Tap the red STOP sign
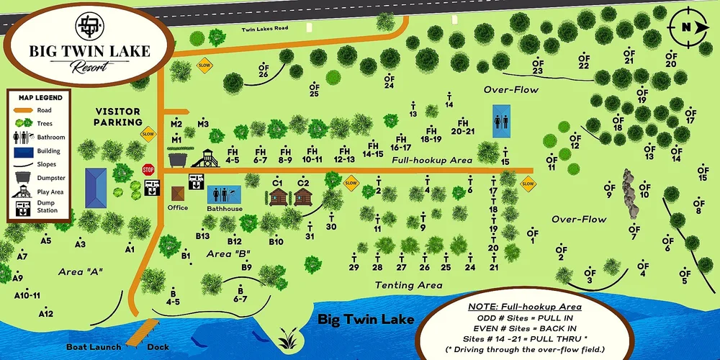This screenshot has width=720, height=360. click(148, 170)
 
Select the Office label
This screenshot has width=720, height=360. click(177, 207)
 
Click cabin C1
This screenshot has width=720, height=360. click(277, 196)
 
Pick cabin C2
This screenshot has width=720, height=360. click(303, 196)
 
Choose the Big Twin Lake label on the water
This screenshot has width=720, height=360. click(366, 319)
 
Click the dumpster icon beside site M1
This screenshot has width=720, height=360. click(178, 158)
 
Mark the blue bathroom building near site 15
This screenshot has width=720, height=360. click(501, 120)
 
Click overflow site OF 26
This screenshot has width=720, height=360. click(264, 70)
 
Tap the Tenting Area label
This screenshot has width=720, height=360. click(408, 285)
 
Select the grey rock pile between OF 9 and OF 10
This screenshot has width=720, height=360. click(631, 194)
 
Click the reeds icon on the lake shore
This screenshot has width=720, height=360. click(288, 336)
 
